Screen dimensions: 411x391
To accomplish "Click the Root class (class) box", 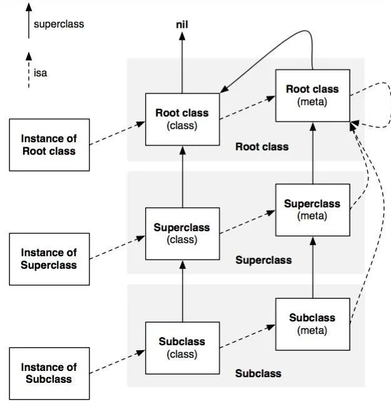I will (x=182, y=119).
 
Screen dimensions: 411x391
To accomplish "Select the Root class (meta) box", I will (x=312, y=95).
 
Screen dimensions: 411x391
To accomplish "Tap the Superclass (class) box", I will (x=182, y=233).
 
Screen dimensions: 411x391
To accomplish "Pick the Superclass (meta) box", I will (x=312, y=209).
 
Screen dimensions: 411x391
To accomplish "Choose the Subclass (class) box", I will (x=182, y=348).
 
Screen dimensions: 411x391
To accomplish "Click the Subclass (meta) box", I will (x=312, y=323).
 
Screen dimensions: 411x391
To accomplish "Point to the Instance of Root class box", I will (x=49, y=145).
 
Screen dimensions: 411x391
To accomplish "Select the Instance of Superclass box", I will (x=49, y=259).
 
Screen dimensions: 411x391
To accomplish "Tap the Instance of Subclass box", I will (x=49, y=373).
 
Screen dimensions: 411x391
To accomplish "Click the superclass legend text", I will (x=59, y=24).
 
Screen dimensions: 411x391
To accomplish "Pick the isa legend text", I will (x=41, y=73).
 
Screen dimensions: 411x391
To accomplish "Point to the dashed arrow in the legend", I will (x=28, y=70).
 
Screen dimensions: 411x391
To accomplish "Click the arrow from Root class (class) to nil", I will (x=182, y=63).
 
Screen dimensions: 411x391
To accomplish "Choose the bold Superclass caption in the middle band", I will (x=263, y=259).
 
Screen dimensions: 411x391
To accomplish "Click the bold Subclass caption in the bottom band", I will (x=258, y=373).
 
